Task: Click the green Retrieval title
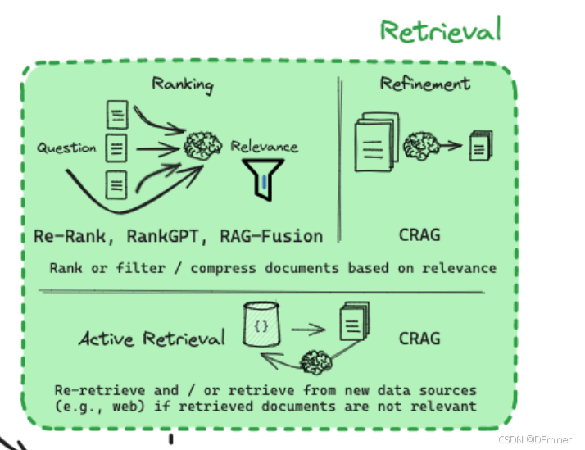[x=440, y=31]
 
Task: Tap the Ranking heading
[x=182, y=84]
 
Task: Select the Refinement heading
[x=424, y=83]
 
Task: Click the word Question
[x=66, y=148]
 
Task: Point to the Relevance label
[x=264, y=148]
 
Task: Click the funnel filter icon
[x=262, y=177]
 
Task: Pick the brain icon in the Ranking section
[x=202, y=145]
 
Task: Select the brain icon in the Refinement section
[x=421, y=146]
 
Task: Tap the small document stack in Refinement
[x=480, y=145]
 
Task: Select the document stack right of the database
[x=353, y=322]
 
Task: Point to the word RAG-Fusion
[x=270, y=236]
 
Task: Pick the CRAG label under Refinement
[x=419, y=235]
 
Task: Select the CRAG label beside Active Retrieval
[x=419, y=338]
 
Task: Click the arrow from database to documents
[x=308, y=330]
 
